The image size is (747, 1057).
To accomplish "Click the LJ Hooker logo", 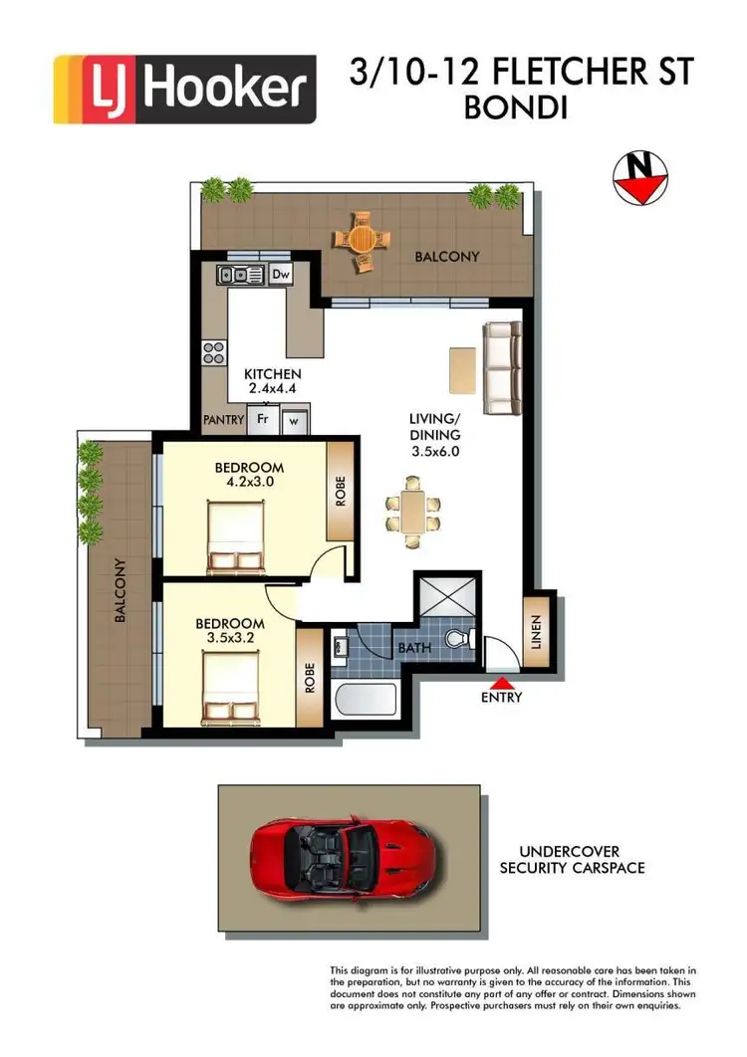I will pyautogui.click(x=184, y=89).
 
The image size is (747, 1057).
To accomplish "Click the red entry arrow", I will pyautogui.click(x=501, y=683).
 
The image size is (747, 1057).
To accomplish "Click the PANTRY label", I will pyautogui.click(x=223, y=420).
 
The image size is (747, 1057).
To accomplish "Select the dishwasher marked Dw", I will pyautogui.click(x=280, y=274).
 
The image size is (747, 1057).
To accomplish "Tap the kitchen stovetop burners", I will pyautogui.click(x=214, y=350).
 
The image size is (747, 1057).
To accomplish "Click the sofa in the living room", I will pyautogui.click(x=501, y=367).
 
